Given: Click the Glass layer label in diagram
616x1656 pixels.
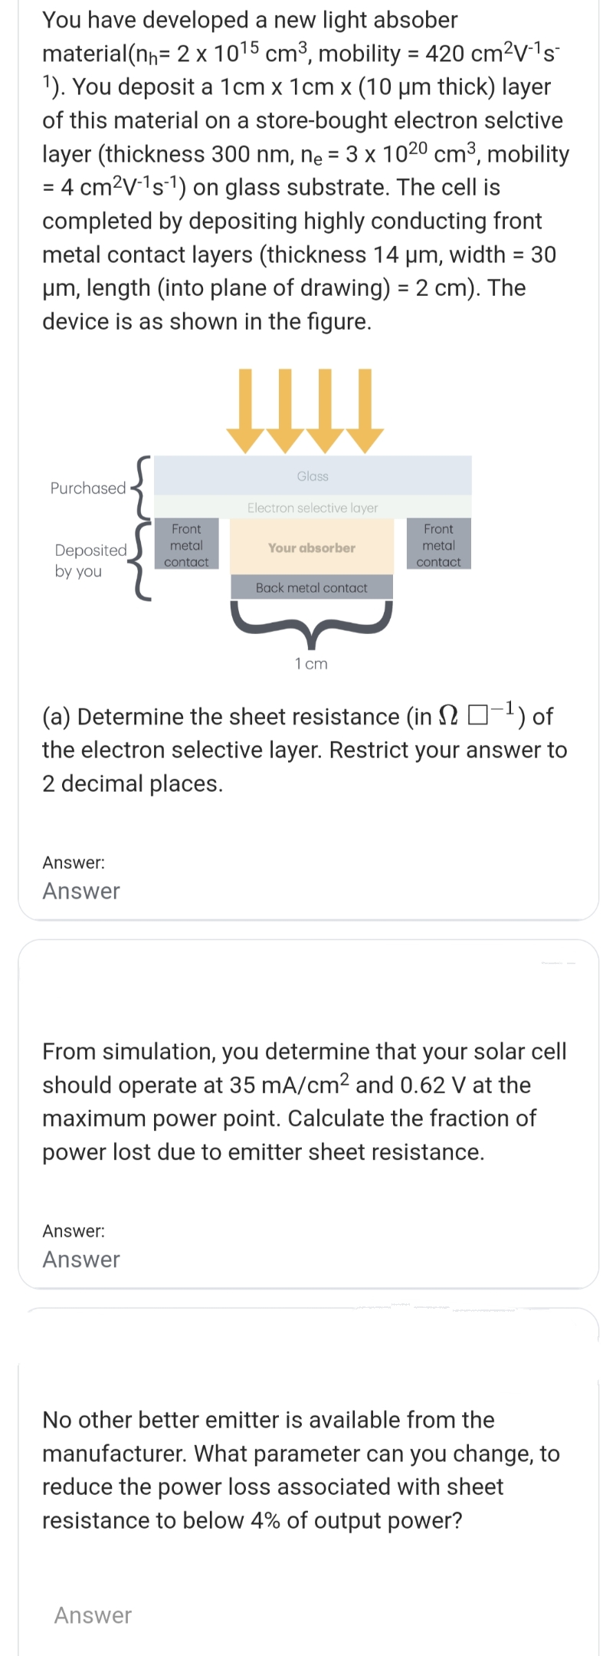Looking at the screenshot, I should pos(313,476).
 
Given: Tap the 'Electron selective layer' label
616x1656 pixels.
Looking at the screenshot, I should pos(313,508).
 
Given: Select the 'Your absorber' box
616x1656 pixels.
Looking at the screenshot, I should pos(312,547).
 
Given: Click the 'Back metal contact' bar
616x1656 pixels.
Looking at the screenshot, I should pos(312,587).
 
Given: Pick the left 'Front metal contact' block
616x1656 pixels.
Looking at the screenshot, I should pos(186,544).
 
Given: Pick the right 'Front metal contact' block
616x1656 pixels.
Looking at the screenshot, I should pos(438,544).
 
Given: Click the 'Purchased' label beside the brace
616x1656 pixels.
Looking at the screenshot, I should pos(87,488).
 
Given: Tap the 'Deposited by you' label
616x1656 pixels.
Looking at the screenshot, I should pos(90,560).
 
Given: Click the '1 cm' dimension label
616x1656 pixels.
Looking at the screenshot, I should pos(311,663).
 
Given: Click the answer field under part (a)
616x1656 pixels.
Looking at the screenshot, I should pos(81,890).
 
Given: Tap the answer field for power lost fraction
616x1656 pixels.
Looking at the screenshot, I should pos(81,1259).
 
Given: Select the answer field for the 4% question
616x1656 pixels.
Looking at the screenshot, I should pos(93,1615).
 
